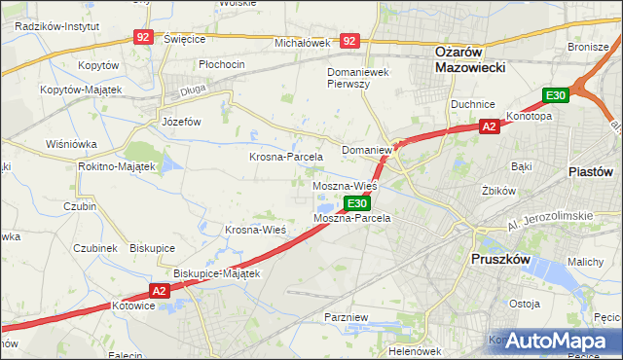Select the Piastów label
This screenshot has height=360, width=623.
pos(590,170)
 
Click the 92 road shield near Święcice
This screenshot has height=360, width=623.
pos(144,37)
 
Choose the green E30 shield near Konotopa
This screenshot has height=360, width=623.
pos(555,95)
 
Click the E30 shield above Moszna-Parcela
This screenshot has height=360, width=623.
pos(357,203)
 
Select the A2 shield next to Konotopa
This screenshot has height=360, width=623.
pos(490,126)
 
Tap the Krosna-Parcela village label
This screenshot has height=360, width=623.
pos(286,157)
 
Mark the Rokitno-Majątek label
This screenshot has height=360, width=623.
pos(117,166)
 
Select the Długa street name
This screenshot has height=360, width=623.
pos(191,93)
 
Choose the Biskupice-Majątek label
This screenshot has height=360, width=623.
pos(216,273)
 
